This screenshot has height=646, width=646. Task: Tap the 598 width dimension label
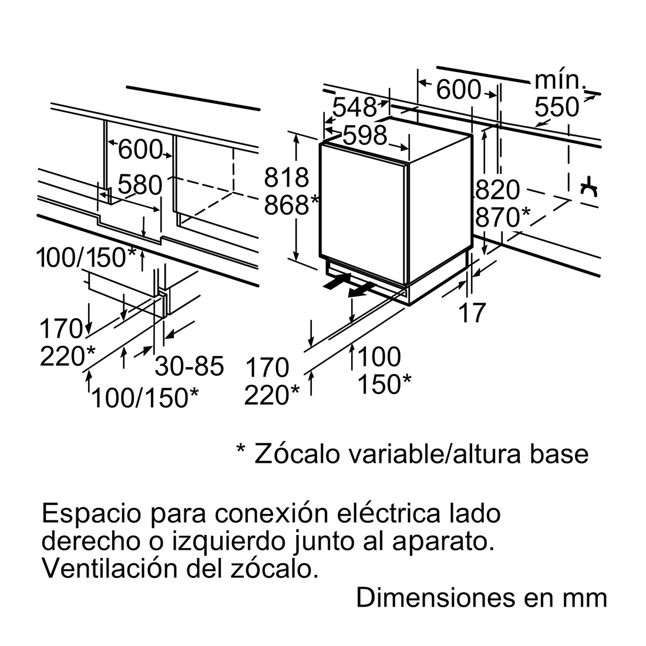[x=365, y=134]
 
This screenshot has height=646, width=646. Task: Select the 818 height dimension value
[x=287, y=177]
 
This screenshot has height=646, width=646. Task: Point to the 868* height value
[x=292, y=205]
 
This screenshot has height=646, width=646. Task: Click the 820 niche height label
[x=497, y=190]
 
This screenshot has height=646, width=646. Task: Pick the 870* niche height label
[x=503, y=217]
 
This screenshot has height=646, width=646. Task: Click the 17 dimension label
[x=472, y=312]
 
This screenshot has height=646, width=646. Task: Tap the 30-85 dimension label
[x=189, y=366]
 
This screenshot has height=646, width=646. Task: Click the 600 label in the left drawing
[x=140, y=150]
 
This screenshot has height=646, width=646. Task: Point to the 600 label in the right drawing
[x=459, y=89]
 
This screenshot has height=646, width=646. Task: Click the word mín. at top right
[x=560, y=81]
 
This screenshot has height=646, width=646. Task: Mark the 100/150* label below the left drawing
[x=145, y=398]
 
